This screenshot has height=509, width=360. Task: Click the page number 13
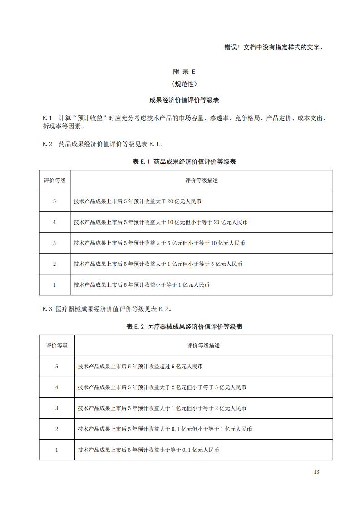316,472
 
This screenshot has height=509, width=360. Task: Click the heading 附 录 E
184,72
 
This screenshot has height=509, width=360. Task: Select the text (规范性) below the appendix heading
184,84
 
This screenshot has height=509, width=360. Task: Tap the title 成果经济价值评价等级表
184,100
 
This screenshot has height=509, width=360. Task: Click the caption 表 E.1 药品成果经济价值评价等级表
184,162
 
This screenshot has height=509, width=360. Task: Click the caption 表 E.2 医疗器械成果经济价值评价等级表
184,327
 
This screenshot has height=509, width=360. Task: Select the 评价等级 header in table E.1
54,180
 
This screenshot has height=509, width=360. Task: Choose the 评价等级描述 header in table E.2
203,345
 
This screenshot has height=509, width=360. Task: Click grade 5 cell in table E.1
54,201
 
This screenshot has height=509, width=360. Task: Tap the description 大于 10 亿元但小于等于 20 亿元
161,222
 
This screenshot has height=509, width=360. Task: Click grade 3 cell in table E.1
54,243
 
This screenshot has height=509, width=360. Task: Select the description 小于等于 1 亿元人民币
142,285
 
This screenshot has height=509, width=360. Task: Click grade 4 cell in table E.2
57,387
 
